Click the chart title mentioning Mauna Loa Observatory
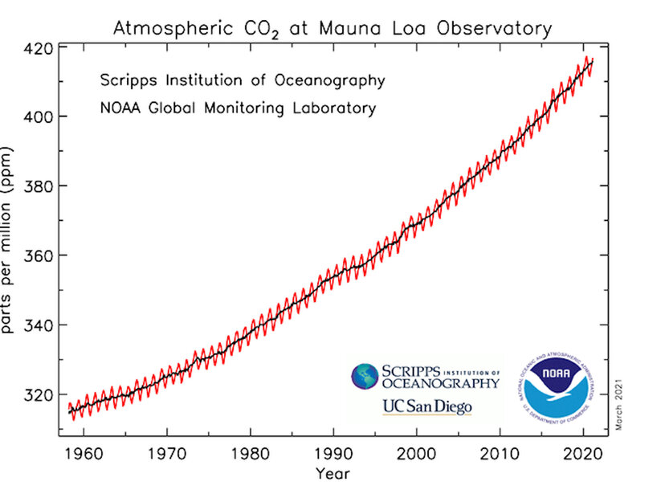coord(332,30)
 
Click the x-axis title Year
coord(332,474)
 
